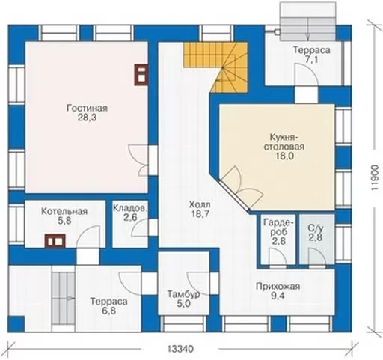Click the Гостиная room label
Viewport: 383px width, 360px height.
(88, 109)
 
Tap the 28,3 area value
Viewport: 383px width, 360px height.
(87, 118)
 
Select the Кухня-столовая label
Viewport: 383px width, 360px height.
(284, 142)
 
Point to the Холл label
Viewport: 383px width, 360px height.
(200, 204)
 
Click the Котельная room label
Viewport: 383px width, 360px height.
(64, 211)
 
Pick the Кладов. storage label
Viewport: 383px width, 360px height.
(129, 208)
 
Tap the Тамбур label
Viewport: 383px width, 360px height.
(183, 294)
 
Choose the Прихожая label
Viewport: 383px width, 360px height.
(278, 287)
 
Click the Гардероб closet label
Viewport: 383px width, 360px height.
(279, 227)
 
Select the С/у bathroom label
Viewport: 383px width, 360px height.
(316, 228)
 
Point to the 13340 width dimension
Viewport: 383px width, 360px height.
(180, 349)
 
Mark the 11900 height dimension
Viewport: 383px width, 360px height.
(375, 178)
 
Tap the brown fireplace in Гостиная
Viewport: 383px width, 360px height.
(141, 75)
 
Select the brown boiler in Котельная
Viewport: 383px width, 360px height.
(55, 241)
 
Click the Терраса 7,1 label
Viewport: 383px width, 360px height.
(312, 55)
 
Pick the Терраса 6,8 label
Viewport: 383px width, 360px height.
(109, 306)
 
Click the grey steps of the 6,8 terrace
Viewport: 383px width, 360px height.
(63, 299)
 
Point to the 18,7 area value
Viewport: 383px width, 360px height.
(200, 214)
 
